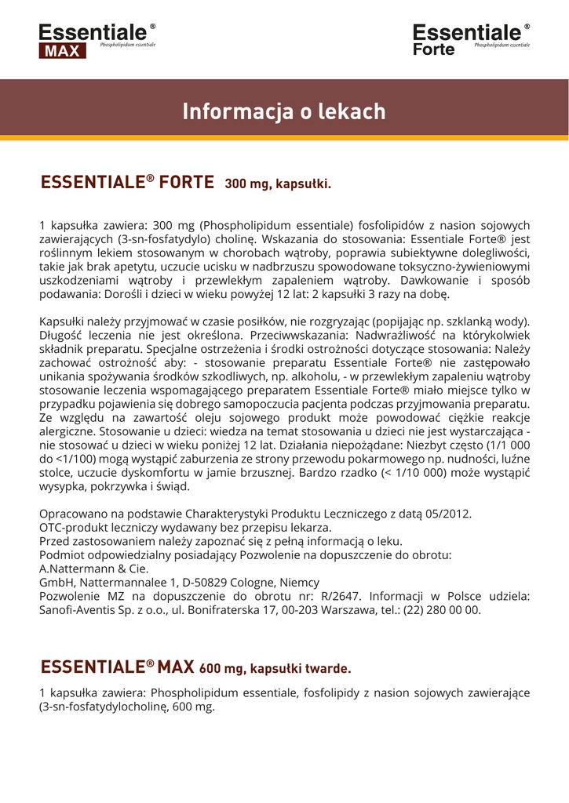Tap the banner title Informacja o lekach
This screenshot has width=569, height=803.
[284, 112]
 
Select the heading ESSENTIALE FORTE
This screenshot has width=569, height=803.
[127, 183]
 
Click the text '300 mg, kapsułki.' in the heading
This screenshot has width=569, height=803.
[278, 185]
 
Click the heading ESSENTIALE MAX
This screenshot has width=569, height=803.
[117, 667]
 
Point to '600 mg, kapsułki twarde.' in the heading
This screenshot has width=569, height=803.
[275, 669]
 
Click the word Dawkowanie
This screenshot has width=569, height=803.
[436, 280]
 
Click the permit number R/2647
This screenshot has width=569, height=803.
[345, 596]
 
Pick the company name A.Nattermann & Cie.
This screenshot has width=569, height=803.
[93, 569]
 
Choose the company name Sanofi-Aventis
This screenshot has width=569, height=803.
[78, 609]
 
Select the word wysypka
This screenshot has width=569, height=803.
[62, 486]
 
